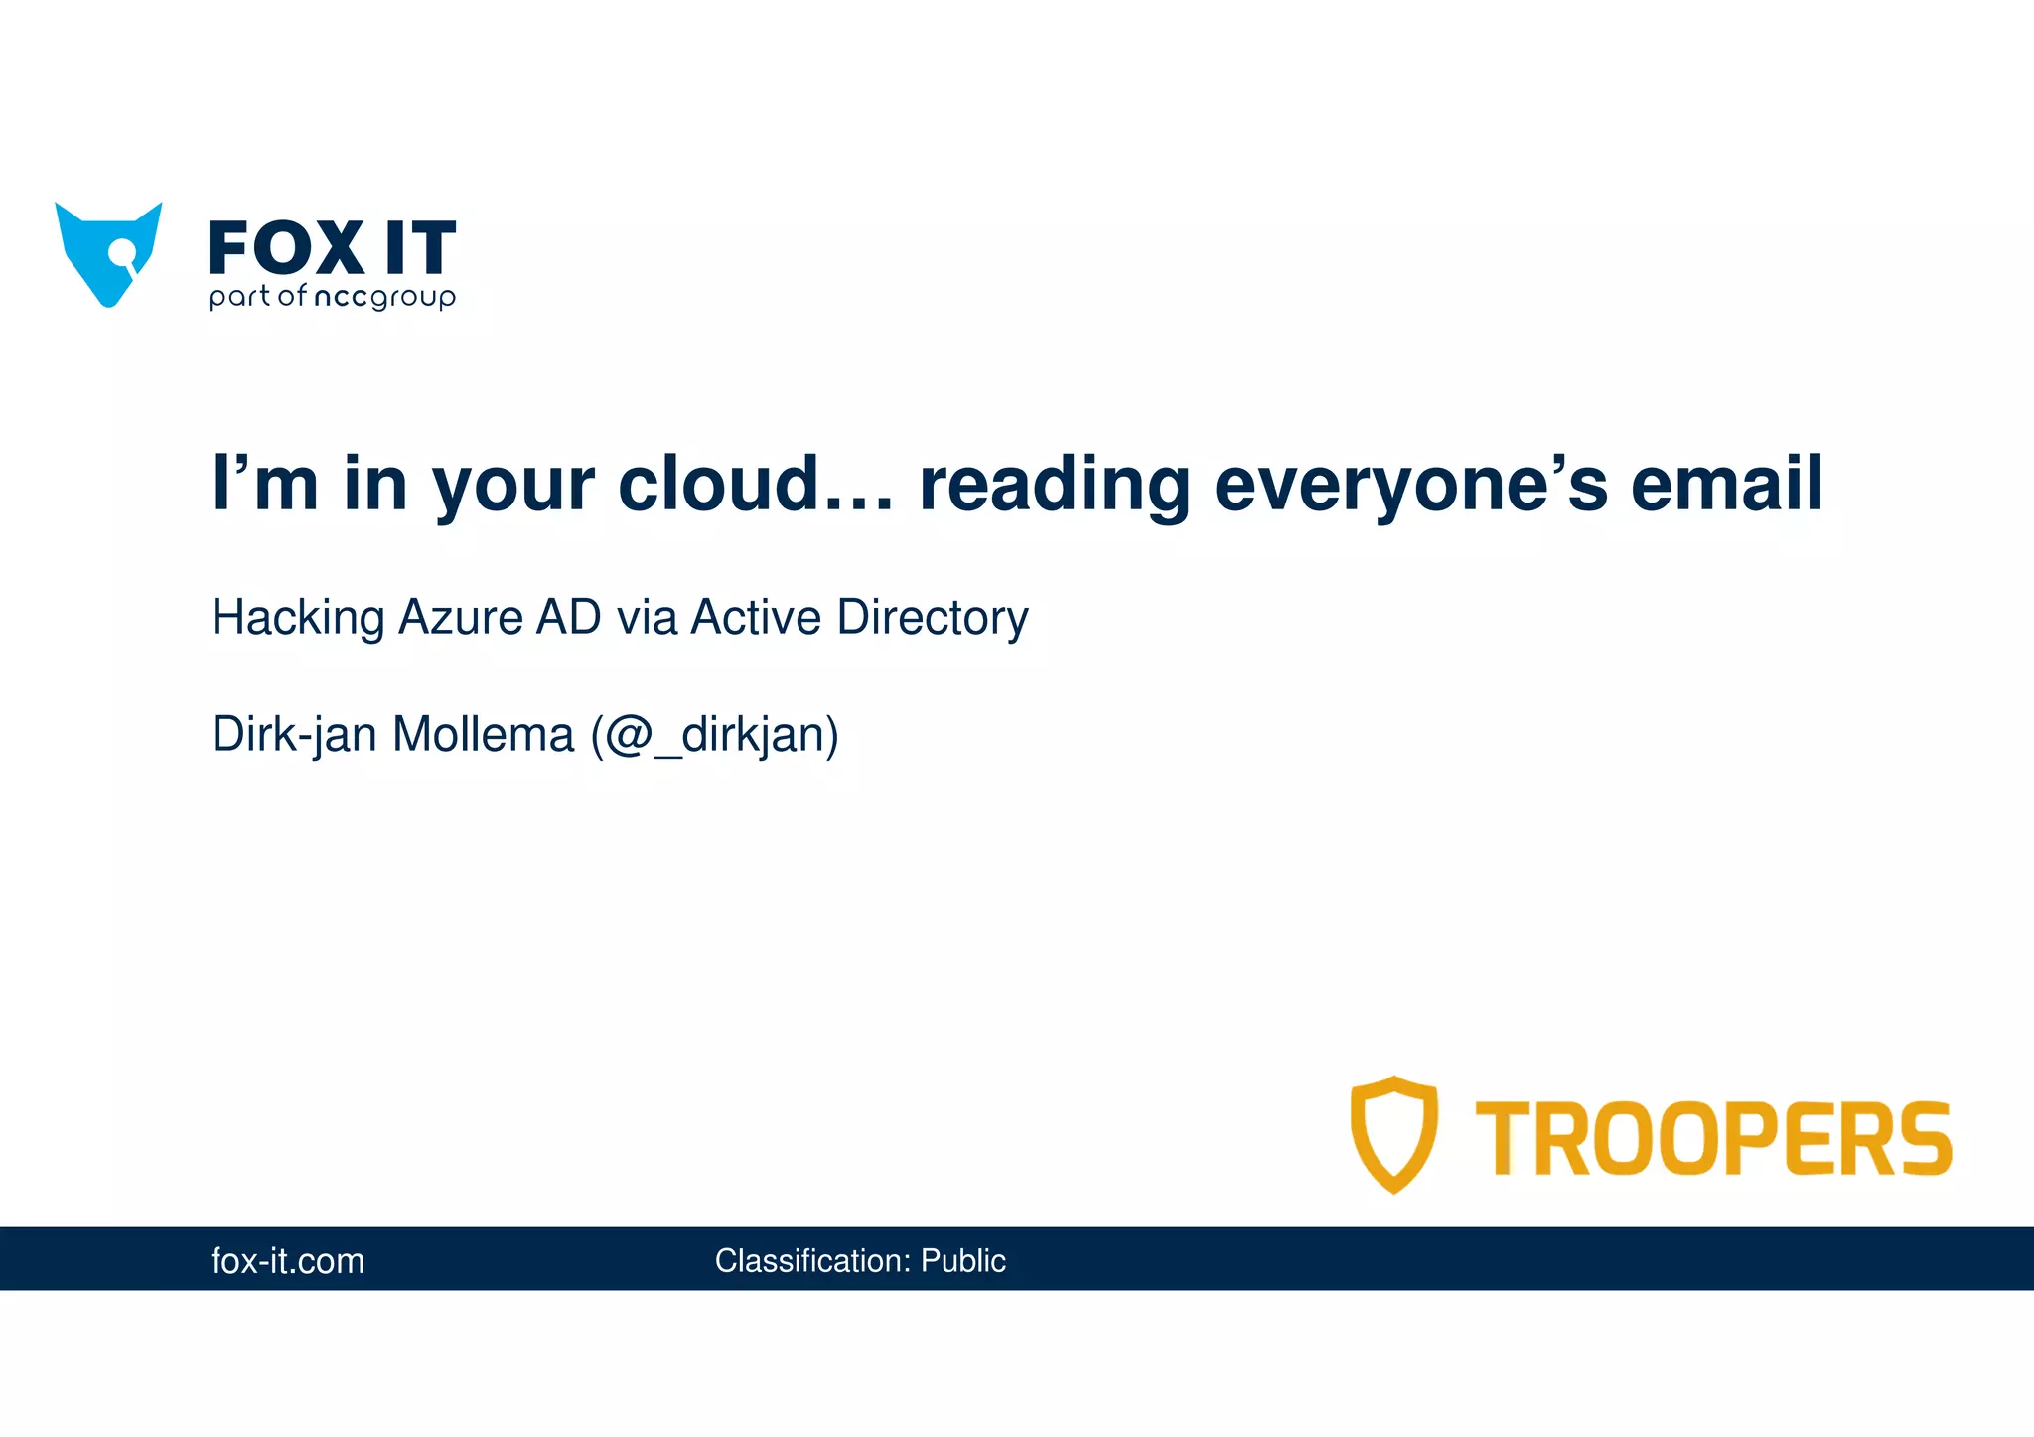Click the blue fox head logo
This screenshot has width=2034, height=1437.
click(x=108, y=254)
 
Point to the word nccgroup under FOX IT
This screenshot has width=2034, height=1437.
click(x=384, y=297)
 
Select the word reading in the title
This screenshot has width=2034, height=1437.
click(x=1054, y=486)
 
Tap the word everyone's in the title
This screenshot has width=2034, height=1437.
click(x=1410, y=486)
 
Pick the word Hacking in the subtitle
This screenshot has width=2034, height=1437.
click(x=298, y=618)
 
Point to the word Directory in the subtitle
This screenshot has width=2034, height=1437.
click(x=933, y=618)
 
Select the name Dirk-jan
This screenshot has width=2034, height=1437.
click(x=294, y=736)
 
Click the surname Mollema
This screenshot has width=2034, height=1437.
click(x=484, y=736)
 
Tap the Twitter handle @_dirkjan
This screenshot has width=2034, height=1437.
click(x=715, y=736)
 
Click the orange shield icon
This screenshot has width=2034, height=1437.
click(x=1393, y=1133)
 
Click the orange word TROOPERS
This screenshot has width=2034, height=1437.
click(x=1713, y=1138)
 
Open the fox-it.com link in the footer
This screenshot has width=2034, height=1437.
click(x=288, y=1261)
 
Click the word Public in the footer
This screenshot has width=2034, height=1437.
click(x=962, y=1261)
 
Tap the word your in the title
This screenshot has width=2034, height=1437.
click(x=512, y=486)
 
